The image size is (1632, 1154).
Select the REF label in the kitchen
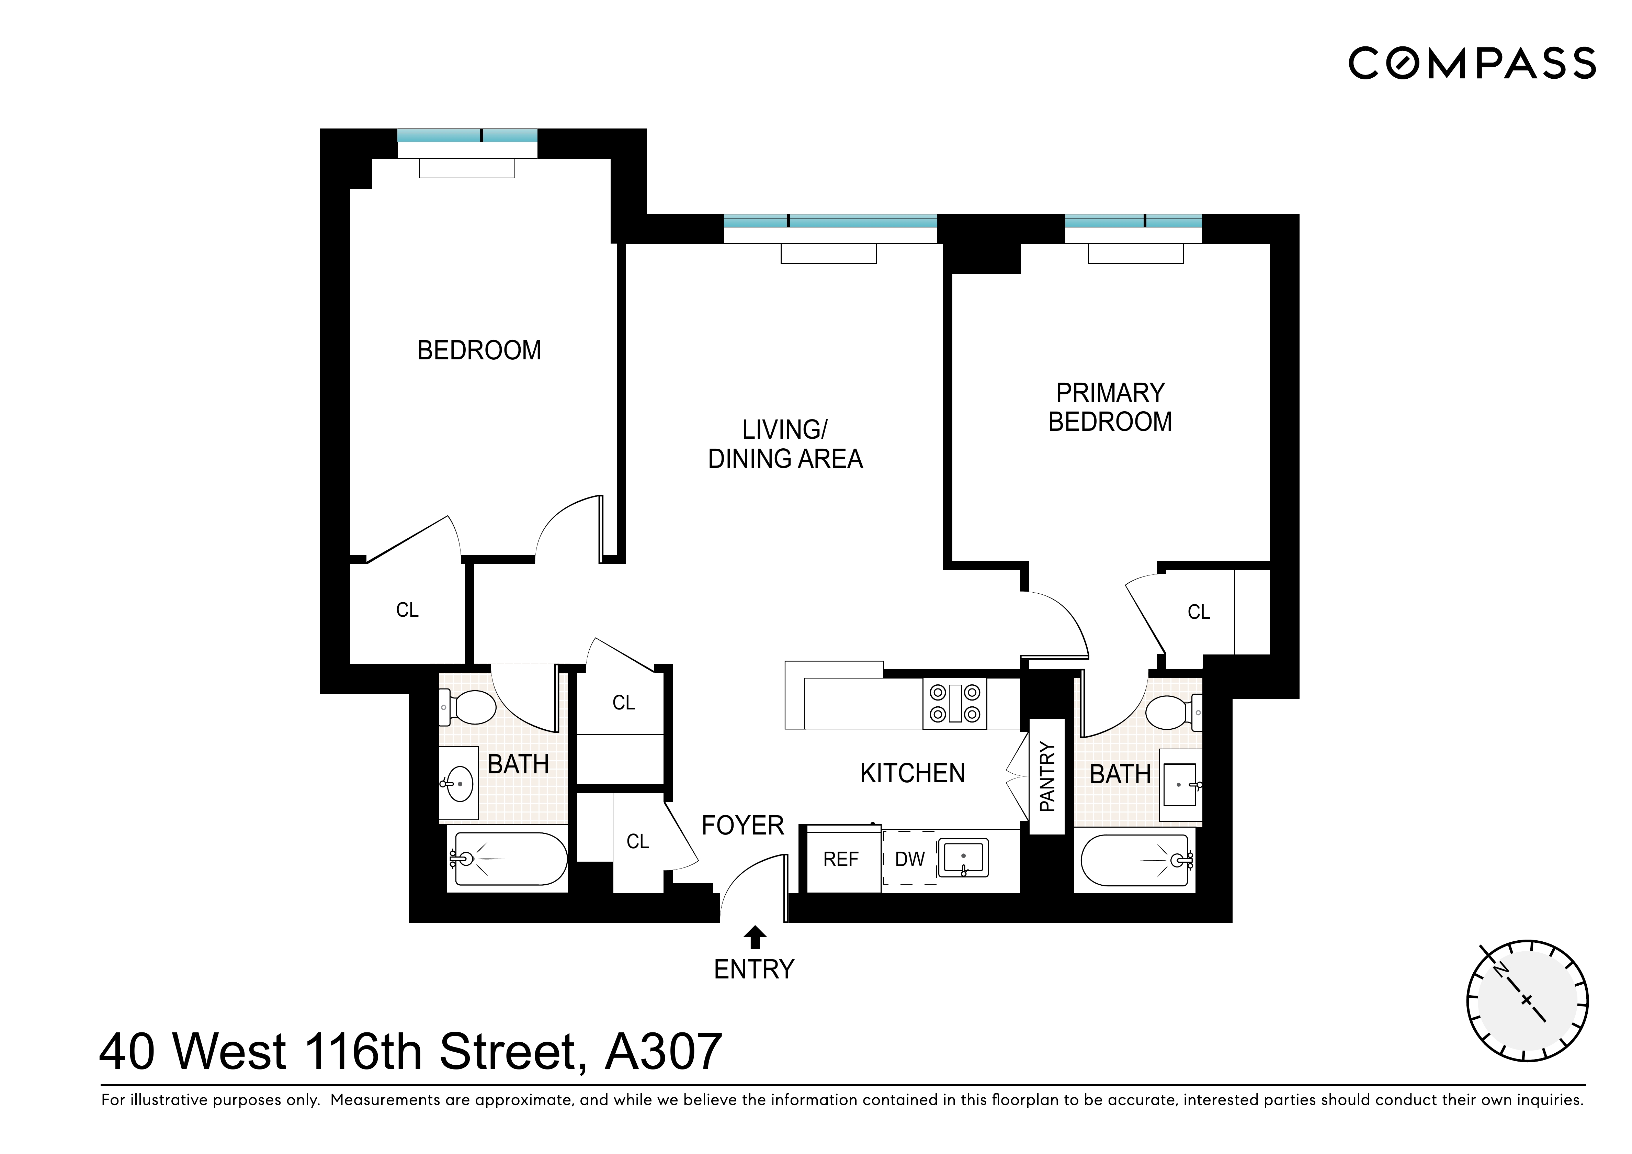point(841,860)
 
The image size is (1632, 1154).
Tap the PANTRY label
point(1047,776)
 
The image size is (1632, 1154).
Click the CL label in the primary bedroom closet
point(1198,612)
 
